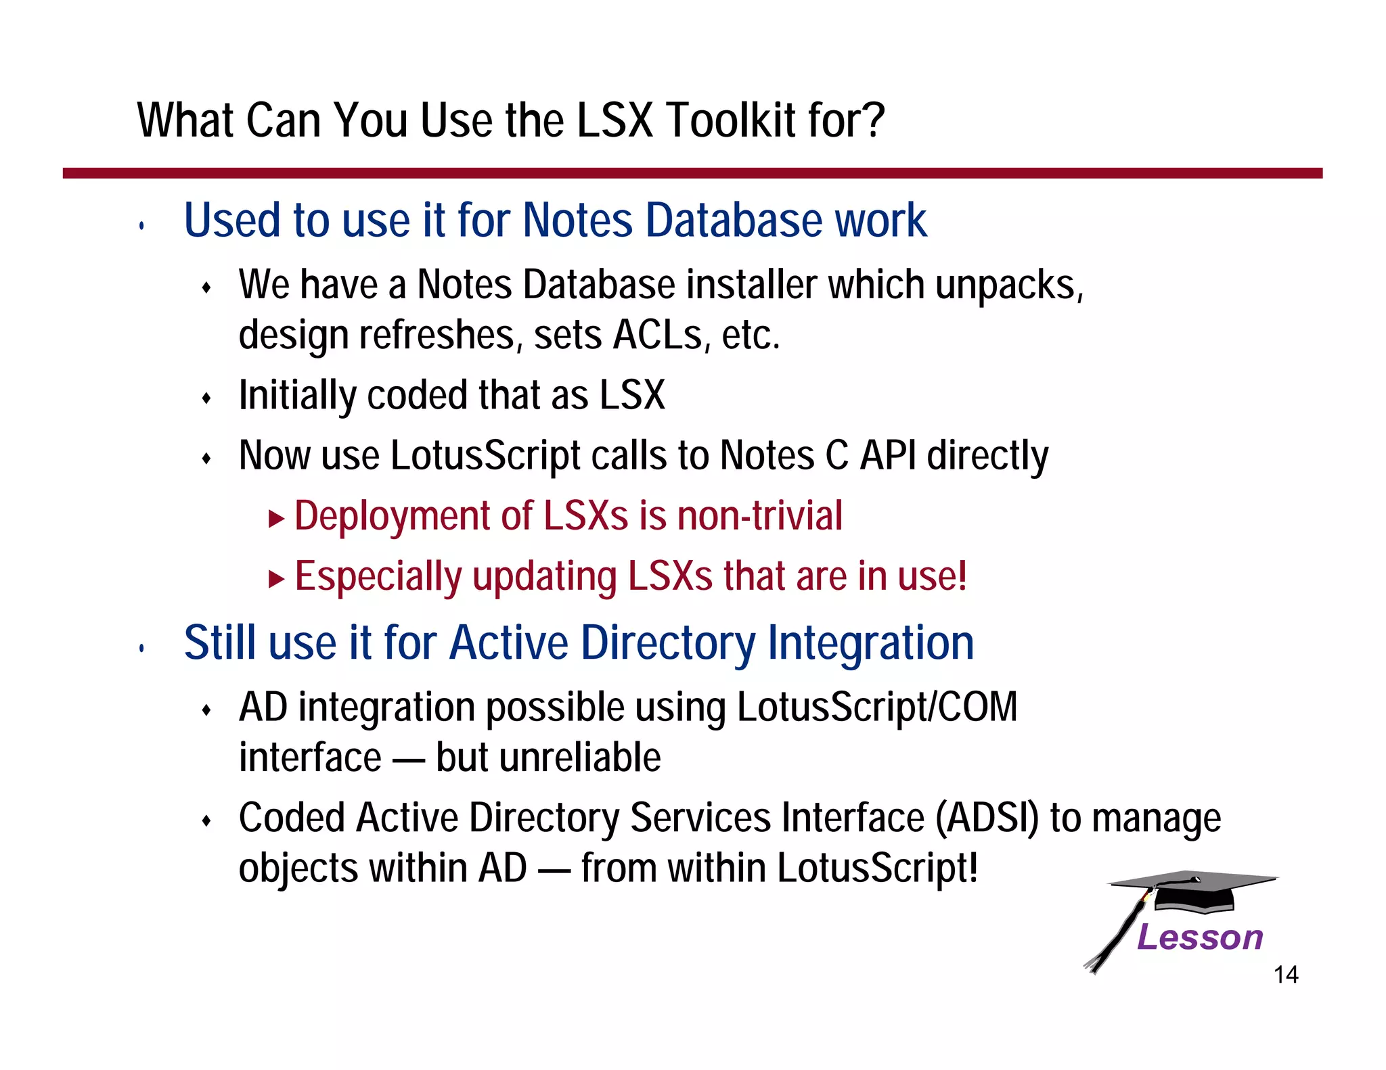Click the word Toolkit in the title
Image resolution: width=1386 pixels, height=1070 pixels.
click(722, 120)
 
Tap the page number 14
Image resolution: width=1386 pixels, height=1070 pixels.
click(1285, 975)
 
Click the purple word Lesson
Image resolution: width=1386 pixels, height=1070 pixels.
click(1199, 937)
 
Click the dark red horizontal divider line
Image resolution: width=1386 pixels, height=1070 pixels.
click(692, 173)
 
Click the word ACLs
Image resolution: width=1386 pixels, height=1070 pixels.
click(657, 335)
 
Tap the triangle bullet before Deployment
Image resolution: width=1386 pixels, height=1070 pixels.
click(276, 519)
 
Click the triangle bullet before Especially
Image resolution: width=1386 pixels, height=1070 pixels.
click(276, 579)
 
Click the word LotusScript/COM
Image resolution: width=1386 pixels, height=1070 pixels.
click(876, 707)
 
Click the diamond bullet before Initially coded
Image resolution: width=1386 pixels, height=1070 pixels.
click(207, 398)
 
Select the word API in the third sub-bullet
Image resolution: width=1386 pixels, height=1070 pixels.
click(887, 456)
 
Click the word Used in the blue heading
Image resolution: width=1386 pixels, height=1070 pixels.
click(231, 220)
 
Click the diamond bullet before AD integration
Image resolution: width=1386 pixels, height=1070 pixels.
click(207, 711)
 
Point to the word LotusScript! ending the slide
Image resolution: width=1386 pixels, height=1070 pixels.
click(877, 868)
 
